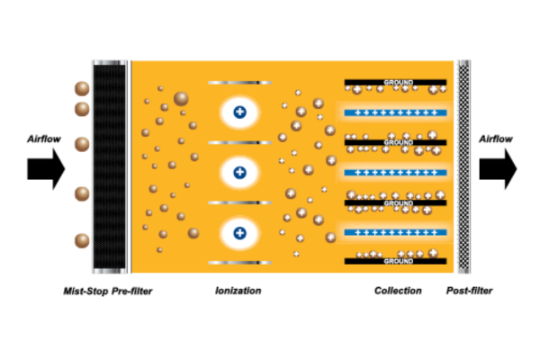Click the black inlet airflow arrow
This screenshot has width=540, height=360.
click(46, 169)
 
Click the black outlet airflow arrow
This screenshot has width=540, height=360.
click(498, 169)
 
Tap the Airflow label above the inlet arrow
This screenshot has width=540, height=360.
click(44, 139)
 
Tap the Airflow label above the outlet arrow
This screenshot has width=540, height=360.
click(496, 139)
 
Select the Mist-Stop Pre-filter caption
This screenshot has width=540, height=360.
click(108, 292)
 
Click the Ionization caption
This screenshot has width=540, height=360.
click(238, 291)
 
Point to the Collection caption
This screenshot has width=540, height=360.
click(398, 291)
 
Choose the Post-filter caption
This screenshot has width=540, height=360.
click(470, 291)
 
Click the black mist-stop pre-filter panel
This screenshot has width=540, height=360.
click(109, 166)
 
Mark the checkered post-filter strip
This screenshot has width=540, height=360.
click(463, 166)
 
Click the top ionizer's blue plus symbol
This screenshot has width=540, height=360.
click(239, 112)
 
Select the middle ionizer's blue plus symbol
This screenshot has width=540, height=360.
click(239, 172)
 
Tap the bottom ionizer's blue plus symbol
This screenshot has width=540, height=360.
click(239, 233)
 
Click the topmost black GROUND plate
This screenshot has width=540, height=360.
click(395, 82)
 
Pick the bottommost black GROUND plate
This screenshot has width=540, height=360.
click(395, 261)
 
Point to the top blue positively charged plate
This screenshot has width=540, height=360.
click(395, 112)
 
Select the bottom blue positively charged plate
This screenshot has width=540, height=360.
click(395, 232)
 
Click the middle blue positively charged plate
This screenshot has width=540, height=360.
click(395, 173)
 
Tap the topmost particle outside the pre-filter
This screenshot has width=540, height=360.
click(82, 88)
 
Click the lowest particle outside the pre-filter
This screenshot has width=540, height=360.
click(82, 241)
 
